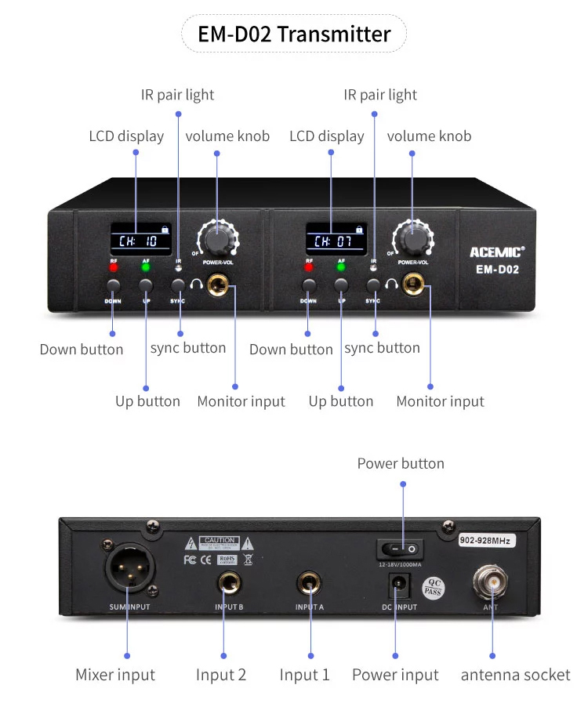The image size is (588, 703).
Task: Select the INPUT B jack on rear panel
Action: click(230, 582)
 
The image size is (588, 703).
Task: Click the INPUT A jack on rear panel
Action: click(308, 582)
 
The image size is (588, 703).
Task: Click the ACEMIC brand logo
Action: click(497, 252)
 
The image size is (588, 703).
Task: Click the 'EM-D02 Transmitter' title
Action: click(294, 34)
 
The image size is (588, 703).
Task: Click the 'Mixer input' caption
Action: click(115, 675)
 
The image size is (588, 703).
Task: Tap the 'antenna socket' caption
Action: click(515, 675)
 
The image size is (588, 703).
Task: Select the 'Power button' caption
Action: click(401, 463)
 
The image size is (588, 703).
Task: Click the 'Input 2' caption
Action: click(221, 675)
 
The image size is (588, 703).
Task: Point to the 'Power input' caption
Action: click(395, 675)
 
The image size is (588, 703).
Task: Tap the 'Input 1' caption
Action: click(305, 675)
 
